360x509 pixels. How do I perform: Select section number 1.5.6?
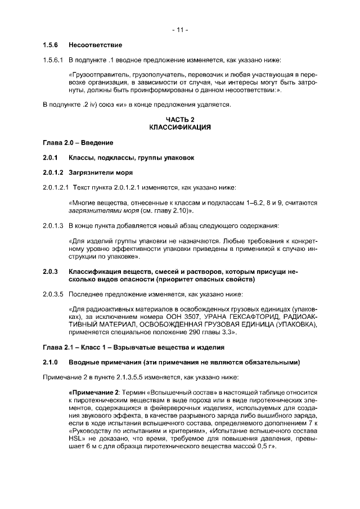click(51, 44)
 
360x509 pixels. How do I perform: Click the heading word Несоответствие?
click(95, 44)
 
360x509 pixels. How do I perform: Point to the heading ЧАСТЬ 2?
click(180, 119)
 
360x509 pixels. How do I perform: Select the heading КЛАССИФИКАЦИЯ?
click(180, 127)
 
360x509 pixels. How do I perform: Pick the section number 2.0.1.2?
click(54, 172)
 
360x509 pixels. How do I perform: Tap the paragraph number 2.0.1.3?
click(54, 226)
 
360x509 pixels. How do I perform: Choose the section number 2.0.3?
click(51, 272)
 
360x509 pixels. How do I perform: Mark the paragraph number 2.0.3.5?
click(54, 294)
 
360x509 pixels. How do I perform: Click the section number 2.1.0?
click(51, 362)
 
